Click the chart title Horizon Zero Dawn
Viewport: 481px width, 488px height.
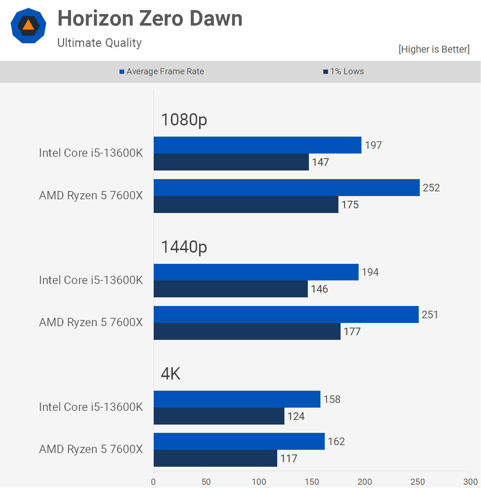pyautogui.click(x=150, y=18)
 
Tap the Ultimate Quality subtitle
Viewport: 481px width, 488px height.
pyautogui.click(x=99, y=43)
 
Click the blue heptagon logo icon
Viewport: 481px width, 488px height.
pyautogui.click(x=28, y=26)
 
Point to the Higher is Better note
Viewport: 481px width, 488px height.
pyautogui.click(x=434, y=49)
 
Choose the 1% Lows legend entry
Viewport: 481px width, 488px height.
pyautogui.click(x=343, y=71)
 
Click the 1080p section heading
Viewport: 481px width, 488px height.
pyautogui.click(x=184, y=120)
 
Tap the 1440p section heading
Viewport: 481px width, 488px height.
pyautogui.click(x=184, y=247)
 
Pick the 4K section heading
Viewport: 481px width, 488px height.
pyautogui.click(x=170, y=374)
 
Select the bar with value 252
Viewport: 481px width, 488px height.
pyautogui.click(x=287, y=188)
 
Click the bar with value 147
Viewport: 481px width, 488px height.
pyautogui.click(x=231, y=162)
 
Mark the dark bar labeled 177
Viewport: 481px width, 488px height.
pyautogui.click(x=247, y=332)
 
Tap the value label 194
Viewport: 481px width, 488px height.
pyautogui.click(x=370, y=272)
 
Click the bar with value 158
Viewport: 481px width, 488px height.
pyautogui.click(x=237, y=399)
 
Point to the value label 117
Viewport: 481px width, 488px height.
pyautogui.click(x=289, y=458)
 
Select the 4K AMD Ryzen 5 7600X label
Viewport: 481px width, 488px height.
pyautogui.click(x=91, y=449)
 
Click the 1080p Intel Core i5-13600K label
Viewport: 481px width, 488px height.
pyautogui.click(x=91, y=153)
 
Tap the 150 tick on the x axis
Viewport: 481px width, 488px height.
pyautogui.click(x=312, y=482)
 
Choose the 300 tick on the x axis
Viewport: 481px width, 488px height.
pyautogui.click(x=470, y=482)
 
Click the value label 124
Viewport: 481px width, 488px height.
pyautogui.click(x=296, y=416)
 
